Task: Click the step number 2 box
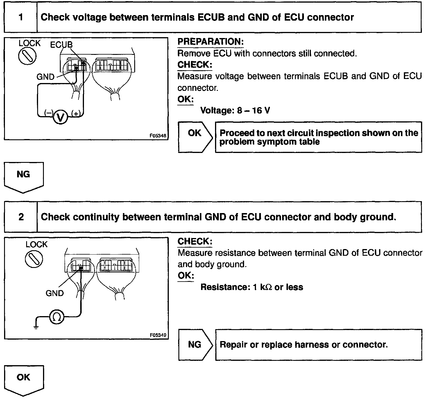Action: [x=21, y=217]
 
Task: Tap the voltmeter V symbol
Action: [x=60, y=117]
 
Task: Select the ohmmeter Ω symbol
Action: [x=57, y=317]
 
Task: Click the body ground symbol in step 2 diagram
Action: [x=36, y=326]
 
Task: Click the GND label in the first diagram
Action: [x=45, y=77]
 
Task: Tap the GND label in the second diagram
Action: [x=54, y=293]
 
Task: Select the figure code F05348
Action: [x=158, y=136]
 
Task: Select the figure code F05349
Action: [x=158, y=335]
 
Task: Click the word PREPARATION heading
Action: [x=210, y=42]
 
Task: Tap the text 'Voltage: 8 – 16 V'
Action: [x=235, y=111]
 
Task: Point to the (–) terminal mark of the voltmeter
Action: [x=48, y=113]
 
